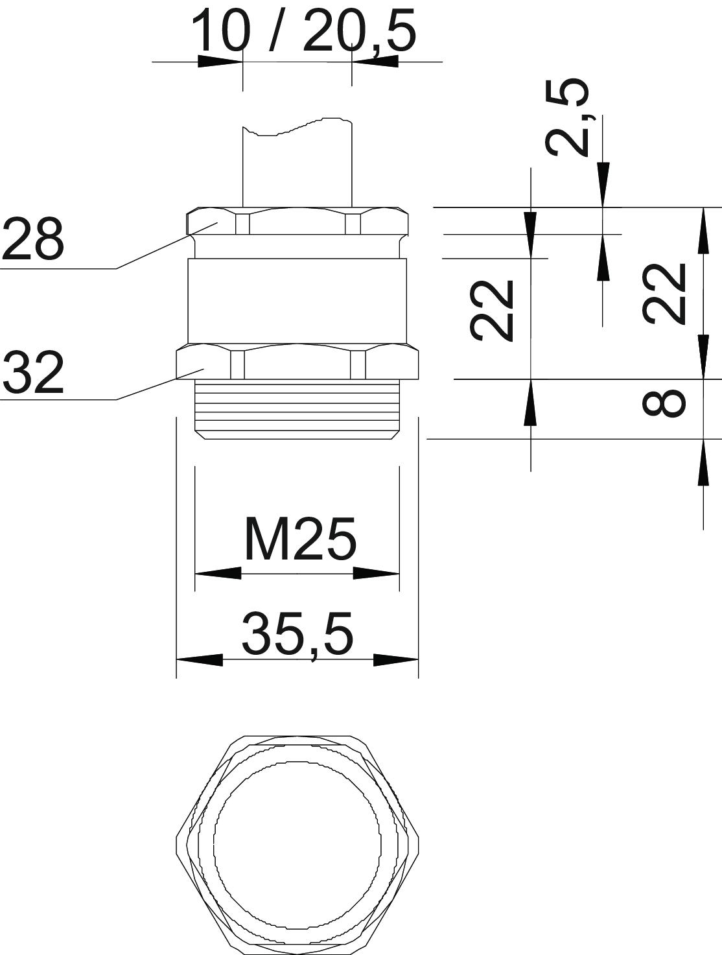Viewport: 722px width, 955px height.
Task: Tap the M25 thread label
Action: pyautogui.click(x=301, y=539)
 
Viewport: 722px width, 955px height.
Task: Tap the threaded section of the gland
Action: pyautogui.click(x=297, y=410)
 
